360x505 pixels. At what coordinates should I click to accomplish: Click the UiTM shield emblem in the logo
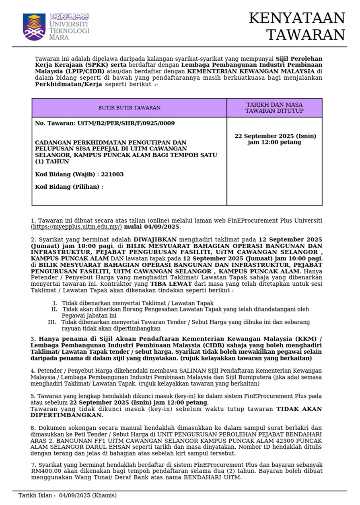tap(34, 27)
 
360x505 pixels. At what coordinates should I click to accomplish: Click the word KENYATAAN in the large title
tap(297, 19)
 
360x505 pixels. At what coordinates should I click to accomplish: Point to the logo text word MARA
tap(59, 37)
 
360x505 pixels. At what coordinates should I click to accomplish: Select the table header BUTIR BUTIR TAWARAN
tap(129, 108)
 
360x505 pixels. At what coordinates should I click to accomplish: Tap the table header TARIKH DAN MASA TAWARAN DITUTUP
tap(275, 107)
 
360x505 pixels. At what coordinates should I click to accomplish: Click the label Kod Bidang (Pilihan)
tap(68, 187)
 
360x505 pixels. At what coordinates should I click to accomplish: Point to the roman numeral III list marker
tap(52, 322)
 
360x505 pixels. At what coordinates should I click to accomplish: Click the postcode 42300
tap(282, 441)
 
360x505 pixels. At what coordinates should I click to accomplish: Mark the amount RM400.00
tap(45, 472)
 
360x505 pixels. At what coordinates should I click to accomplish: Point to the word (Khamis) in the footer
tap(104, 495)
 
